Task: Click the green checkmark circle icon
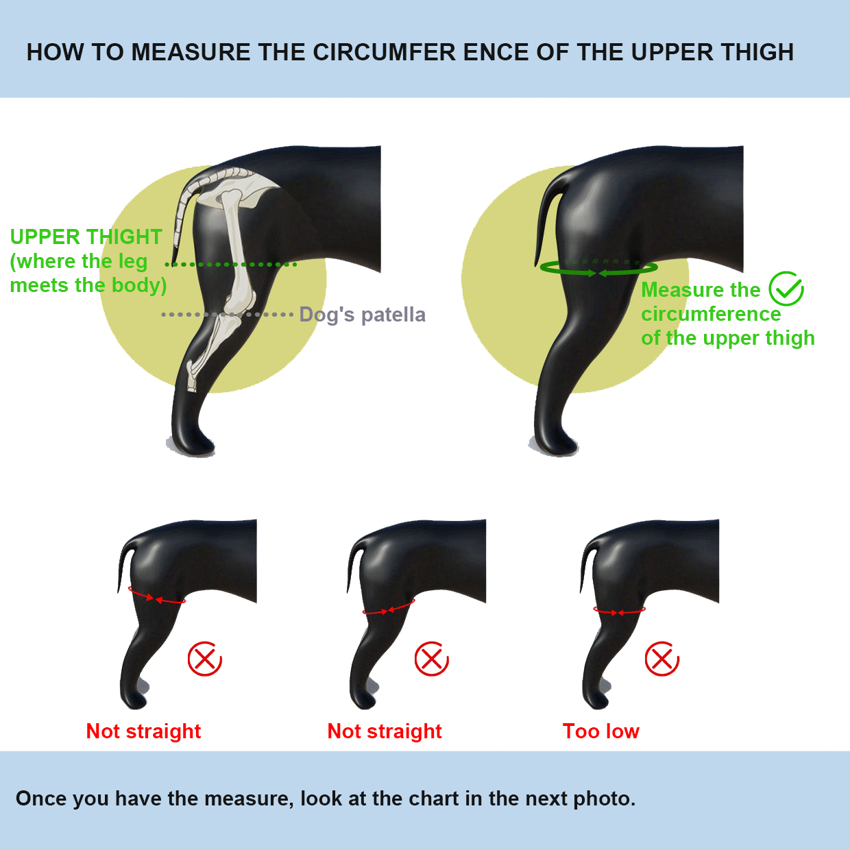tap(786, 289)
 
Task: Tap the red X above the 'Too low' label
tap(661, 659)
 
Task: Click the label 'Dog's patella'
tap(362, 315)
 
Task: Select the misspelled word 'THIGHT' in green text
tap(125, 237)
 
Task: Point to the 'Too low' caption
tap(600, 731)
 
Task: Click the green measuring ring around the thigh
tap(598, 269)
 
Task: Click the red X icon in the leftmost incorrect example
tap(204, 659)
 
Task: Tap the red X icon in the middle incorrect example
tap(431, 659)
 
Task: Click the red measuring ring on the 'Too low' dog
tap(619, 611)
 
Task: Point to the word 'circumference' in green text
tap(711, 314)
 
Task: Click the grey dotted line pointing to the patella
tap(226, 315)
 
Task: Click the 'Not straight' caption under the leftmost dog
tap(143, 731)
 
